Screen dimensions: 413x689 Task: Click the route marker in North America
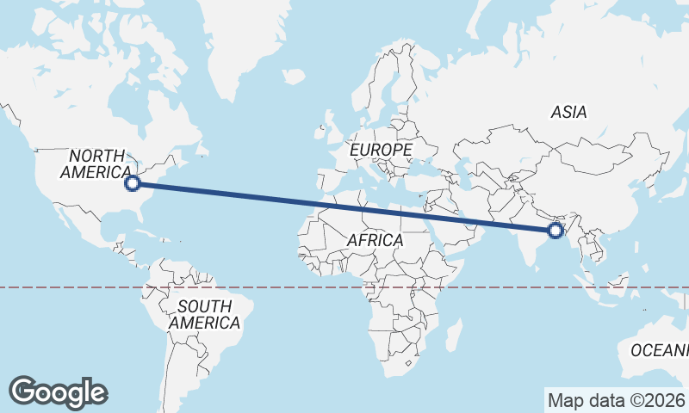(133, 182)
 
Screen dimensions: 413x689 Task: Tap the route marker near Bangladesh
(556, 230)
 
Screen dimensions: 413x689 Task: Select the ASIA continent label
(568, 112)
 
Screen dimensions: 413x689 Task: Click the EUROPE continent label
(381, 150)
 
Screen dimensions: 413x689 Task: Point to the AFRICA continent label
(376, 240)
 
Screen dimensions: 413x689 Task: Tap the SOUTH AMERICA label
(204, 314)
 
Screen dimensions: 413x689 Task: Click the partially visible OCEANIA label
(660, 350)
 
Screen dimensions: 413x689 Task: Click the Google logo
(58, 391)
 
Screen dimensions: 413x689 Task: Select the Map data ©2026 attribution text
(617, 400)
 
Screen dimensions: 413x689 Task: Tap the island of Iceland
(294, 77)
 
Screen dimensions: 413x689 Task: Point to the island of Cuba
(155, 226)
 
